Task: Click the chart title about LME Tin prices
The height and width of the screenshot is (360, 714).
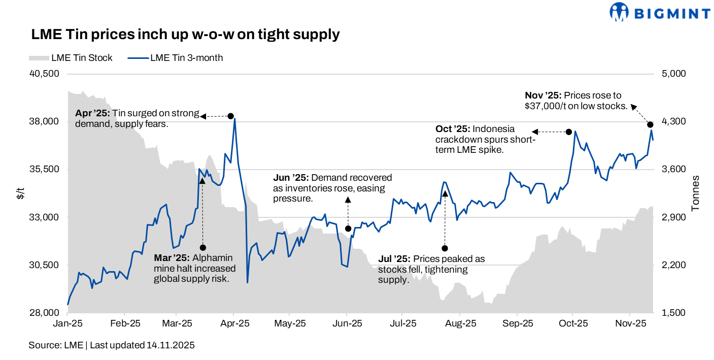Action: tap(185, 35)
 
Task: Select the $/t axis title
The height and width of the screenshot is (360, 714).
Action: tap(20, 193)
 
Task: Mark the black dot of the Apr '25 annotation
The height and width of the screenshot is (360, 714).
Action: tap(230, 116)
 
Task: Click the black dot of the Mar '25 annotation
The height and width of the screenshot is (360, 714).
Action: tap(203, 247)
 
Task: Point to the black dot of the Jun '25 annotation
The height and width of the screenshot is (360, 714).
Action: tap(348, 228)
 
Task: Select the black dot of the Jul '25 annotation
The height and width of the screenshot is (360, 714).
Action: tap(445, 248)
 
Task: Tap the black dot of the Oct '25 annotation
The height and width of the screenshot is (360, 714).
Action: tap(569, 132)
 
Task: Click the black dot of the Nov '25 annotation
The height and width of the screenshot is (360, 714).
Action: tap(650, 124)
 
